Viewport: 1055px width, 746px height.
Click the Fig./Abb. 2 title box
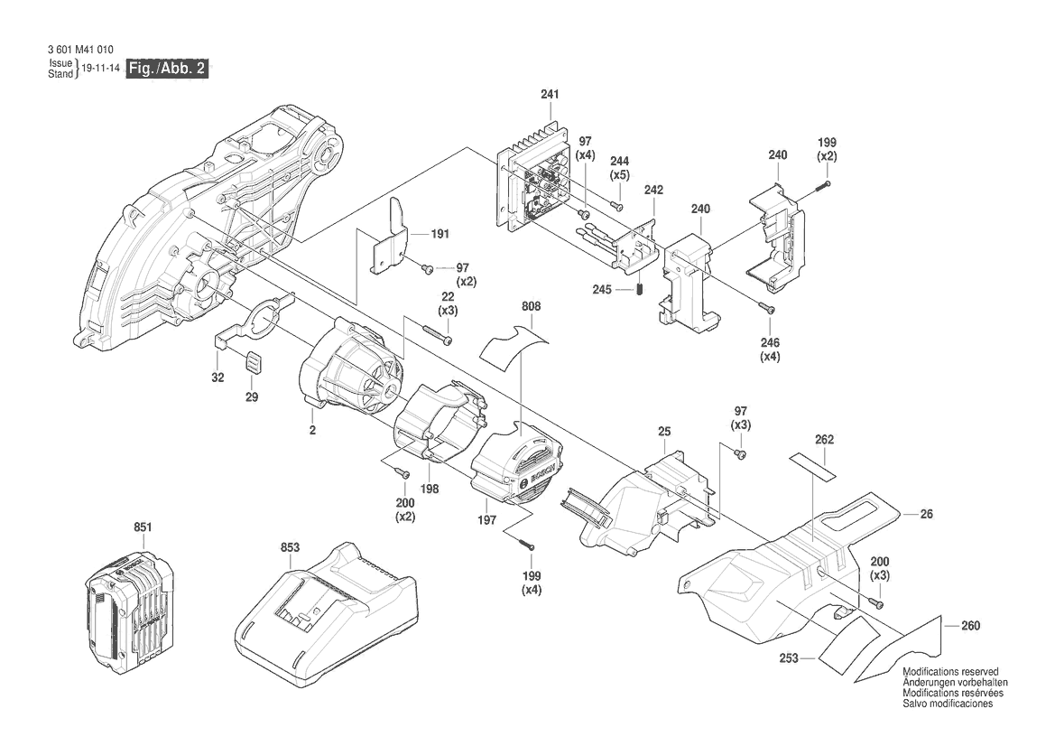(168, 69)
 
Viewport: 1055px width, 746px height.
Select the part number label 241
(550, 95)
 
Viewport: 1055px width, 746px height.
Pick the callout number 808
(531, 307)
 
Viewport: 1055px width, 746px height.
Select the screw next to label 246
(769, 309)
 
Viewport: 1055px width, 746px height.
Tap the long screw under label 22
(436, 337)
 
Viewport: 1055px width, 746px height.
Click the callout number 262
(824, 440)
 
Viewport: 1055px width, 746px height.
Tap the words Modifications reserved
(950, 672)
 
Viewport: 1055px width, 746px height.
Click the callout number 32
(217, 379)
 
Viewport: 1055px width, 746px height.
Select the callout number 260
(970, 625)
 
